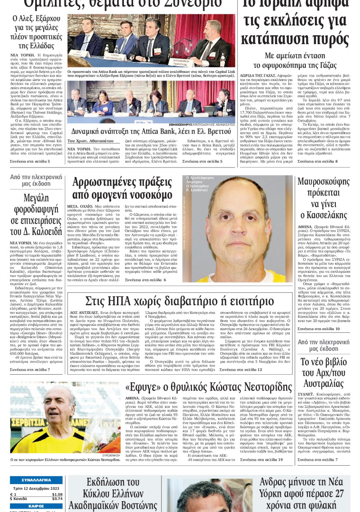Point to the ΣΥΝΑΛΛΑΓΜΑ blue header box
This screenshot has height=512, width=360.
click(36, 480)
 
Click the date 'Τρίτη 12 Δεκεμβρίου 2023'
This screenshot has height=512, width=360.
click(36, 488)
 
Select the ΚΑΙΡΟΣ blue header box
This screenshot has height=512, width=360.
click(36, 506)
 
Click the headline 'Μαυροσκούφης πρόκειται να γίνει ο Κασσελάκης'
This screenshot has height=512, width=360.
click(323, 198)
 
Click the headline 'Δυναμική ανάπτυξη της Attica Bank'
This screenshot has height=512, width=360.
click(151, 131)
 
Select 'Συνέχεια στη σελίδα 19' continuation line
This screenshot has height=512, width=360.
click(261, 459)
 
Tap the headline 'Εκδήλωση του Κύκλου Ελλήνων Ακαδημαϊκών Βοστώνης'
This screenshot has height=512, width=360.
click(116, 494)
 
